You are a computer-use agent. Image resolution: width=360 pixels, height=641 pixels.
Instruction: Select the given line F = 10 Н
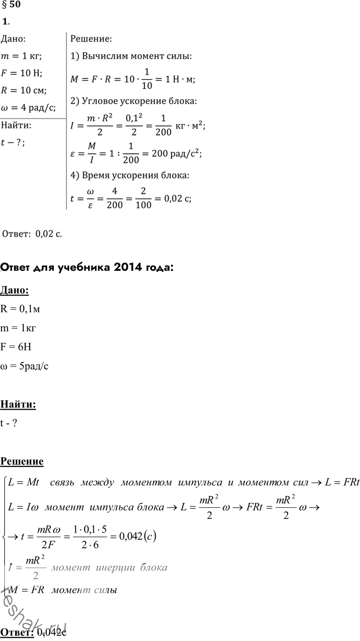(22, 73)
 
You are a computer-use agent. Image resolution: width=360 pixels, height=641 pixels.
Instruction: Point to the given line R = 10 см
(24, 90)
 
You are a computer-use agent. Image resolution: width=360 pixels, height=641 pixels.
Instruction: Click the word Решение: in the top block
(91, 39)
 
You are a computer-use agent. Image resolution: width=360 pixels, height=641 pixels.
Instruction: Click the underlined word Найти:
(18, 405)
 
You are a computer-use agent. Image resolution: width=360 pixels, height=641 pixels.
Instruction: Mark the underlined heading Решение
(22, 461)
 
